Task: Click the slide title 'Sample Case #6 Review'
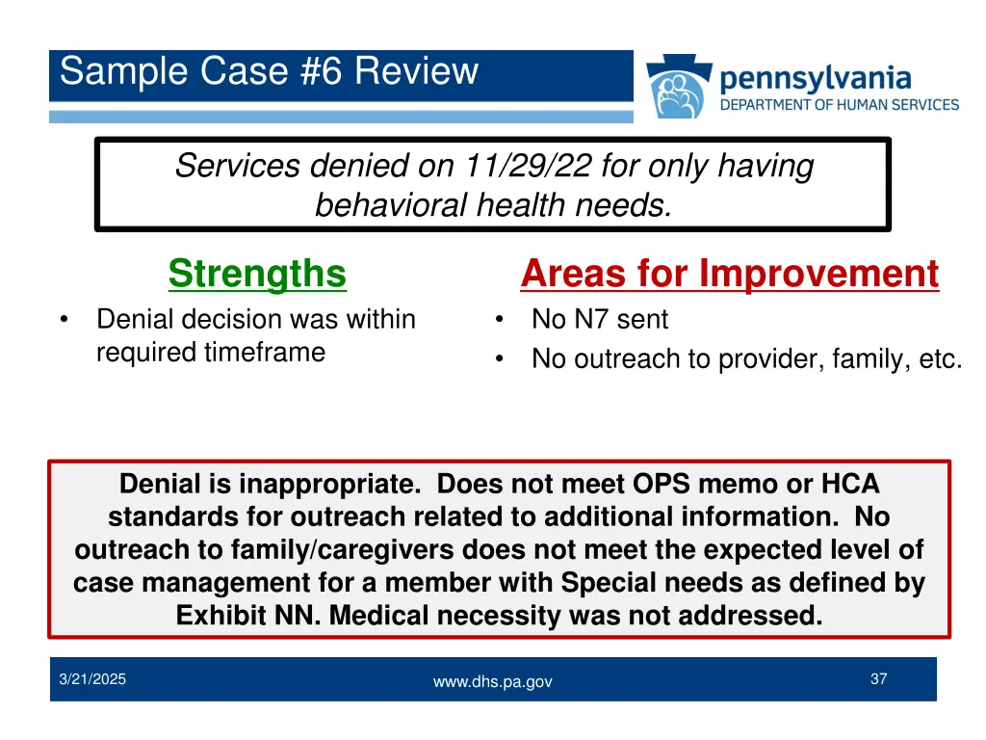269,72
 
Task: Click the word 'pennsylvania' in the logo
815,77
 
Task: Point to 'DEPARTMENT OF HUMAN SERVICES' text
840,105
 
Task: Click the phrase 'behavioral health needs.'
493,205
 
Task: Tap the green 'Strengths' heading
257,274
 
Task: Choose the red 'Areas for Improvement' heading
729,274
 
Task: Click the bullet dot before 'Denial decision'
64,320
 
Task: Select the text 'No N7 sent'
599,319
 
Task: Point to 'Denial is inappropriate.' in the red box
273,484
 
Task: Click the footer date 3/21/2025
92,680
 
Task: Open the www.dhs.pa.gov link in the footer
492,681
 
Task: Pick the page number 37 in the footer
878,679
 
